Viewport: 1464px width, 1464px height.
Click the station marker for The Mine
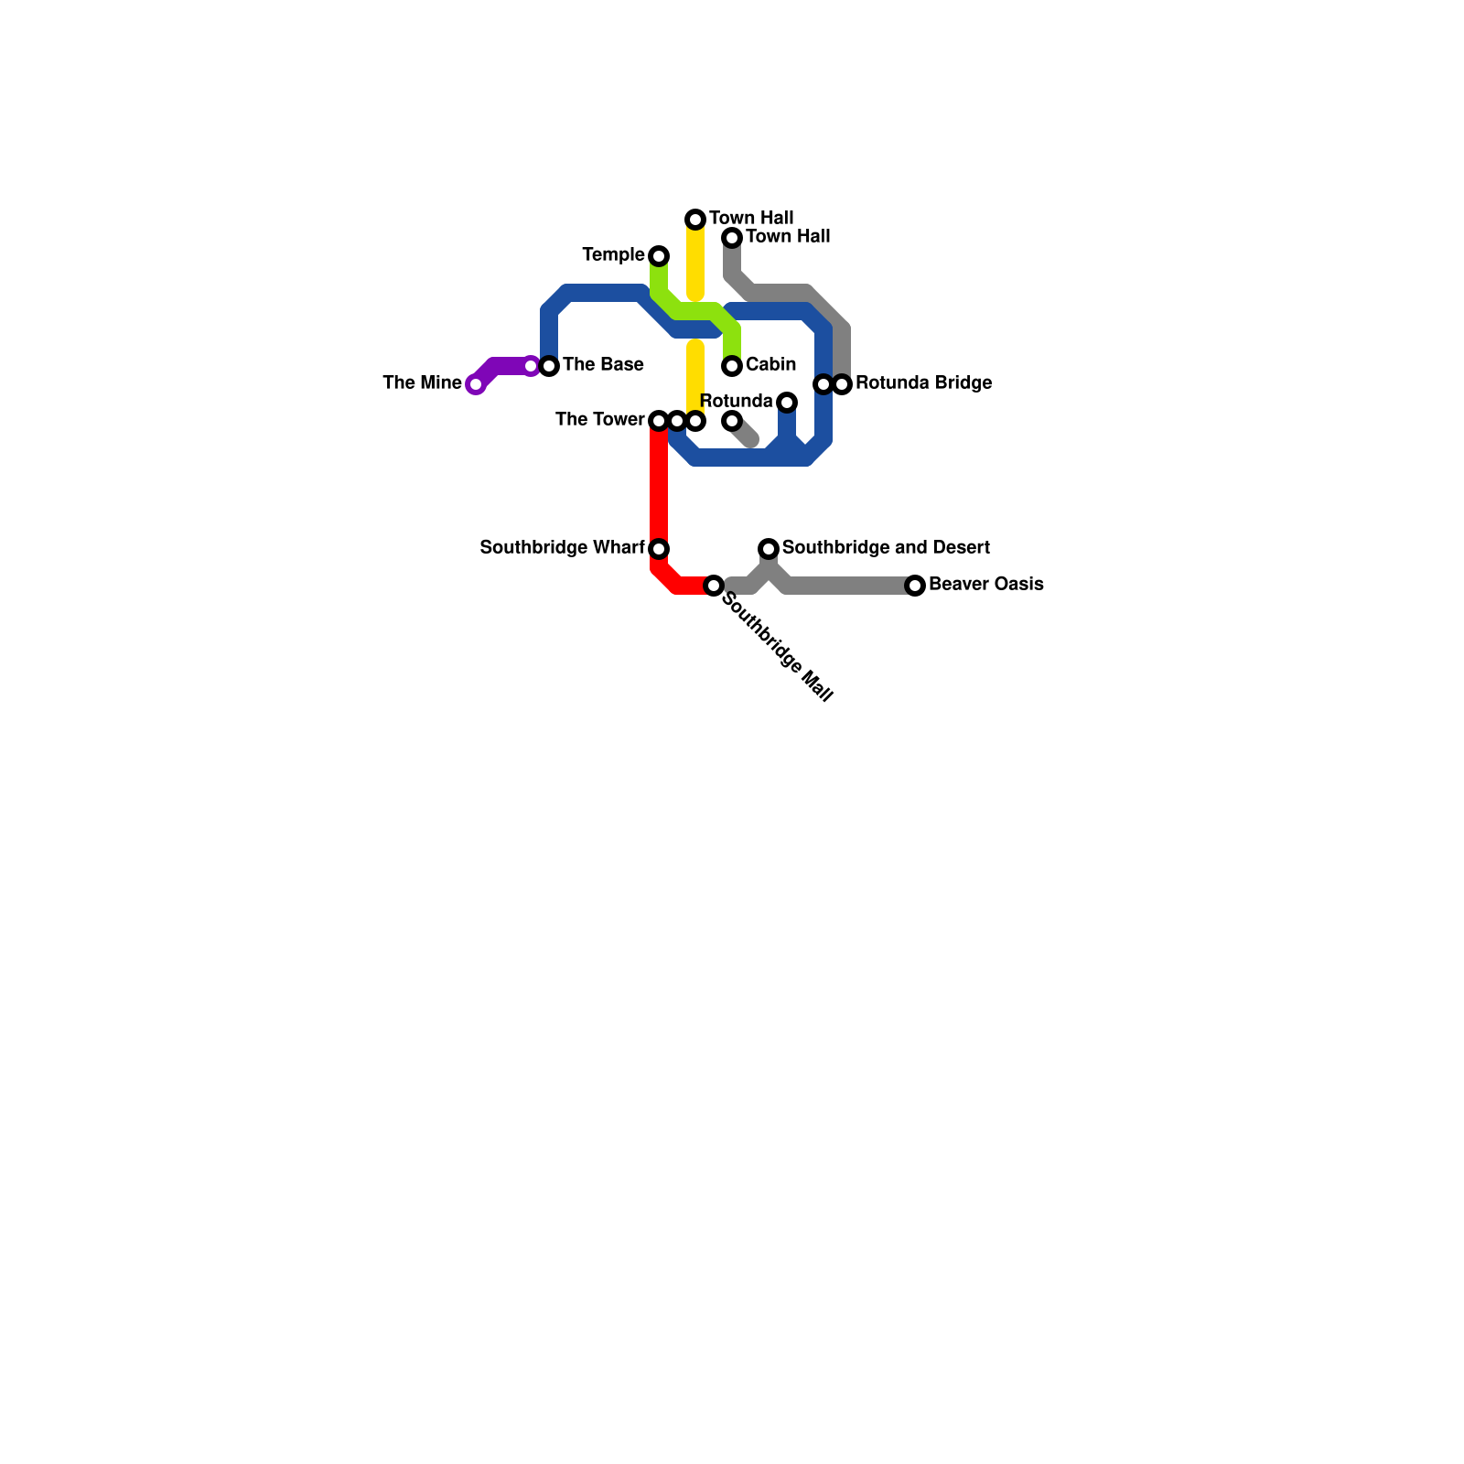(x=475, y=384)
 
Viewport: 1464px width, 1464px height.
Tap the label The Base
(x=602, y=364)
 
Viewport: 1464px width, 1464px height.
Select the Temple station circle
(x=659, y=256)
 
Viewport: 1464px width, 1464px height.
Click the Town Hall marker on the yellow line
(x=695, y=220)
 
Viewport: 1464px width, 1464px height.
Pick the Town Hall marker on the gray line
(x=732, y=238)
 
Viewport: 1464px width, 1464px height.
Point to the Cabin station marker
(x=732, y=366)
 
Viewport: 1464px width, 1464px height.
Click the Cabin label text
(x=770, y=364)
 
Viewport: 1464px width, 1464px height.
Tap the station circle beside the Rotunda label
(x=787, y=403)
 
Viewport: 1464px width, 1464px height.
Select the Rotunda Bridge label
(x=923, y=382)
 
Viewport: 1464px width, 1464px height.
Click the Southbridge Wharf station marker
(x=659, y=549)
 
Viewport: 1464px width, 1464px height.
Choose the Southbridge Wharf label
(x=562, y=547)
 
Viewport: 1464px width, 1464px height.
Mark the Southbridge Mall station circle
(x=714, y=586)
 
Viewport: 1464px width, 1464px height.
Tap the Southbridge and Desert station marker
(x=769, y=549)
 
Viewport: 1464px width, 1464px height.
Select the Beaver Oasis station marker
(x=915, y=586)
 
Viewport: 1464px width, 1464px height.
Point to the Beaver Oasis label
(x=985, y=584)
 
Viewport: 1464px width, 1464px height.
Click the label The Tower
(x=599, y=419)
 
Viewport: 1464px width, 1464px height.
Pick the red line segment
(x=659, y=485)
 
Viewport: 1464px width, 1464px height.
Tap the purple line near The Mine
(x=503, y=366)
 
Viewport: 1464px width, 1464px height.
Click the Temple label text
(x=613, y=254)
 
